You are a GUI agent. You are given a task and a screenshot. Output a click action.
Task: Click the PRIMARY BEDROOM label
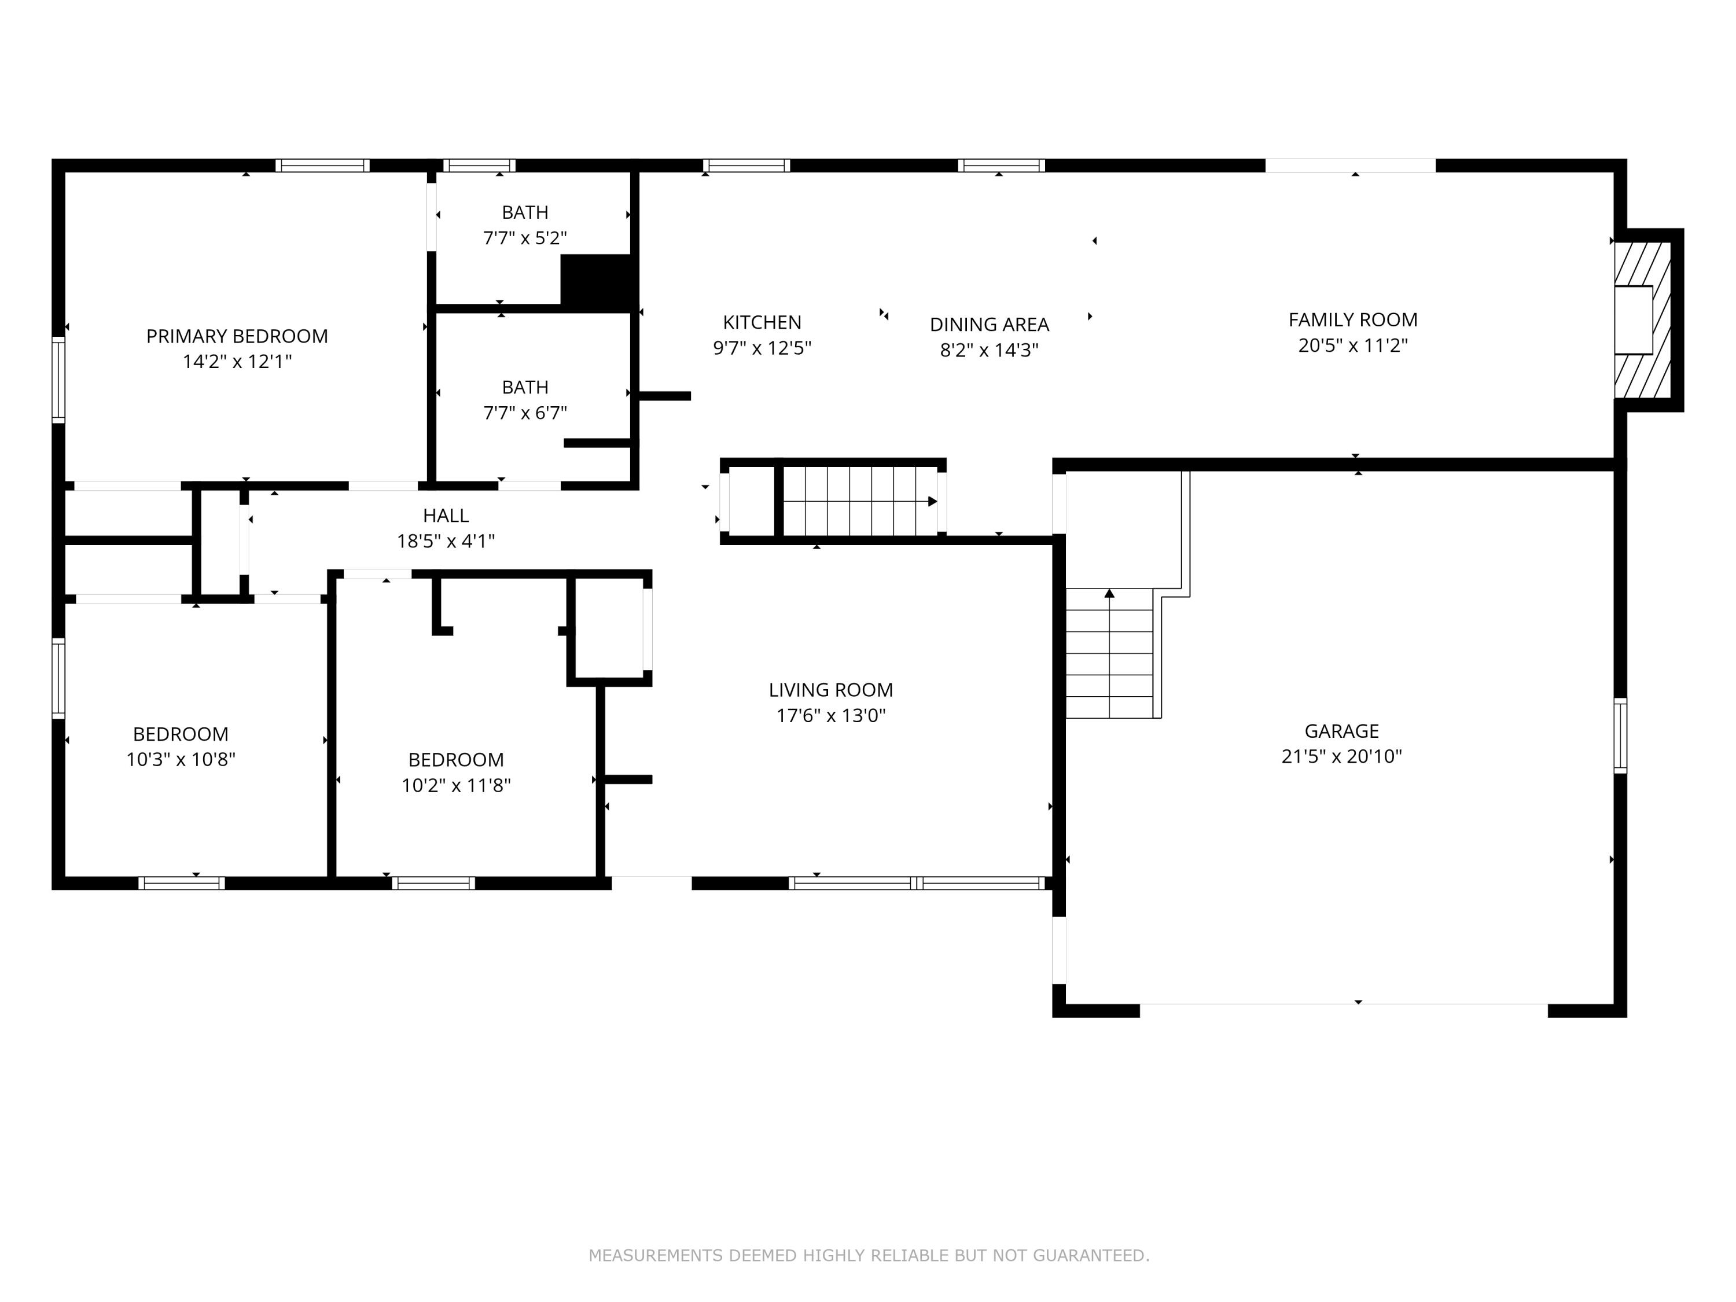click(237, 336)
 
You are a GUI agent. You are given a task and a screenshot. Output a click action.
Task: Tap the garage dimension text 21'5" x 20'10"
click(1341, 756)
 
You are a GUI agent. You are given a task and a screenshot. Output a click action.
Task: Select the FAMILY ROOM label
click(1353, 319)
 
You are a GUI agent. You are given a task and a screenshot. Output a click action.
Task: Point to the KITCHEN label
click(762, 322)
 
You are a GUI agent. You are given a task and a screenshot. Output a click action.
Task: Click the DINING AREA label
click(989, 324)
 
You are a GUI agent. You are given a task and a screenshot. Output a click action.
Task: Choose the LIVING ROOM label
click(830, 690)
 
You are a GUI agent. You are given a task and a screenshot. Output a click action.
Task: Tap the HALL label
click(446, 516)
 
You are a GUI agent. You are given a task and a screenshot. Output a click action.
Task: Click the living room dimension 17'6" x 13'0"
click(830, 715)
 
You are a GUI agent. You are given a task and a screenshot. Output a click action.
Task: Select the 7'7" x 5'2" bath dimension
click(525, 238)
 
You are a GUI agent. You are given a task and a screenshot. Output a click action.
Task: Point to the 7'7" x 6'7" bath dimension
click(525, 413)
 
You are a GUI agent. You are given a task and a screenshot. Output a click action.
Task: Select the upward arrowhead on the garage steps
click(1110, 593)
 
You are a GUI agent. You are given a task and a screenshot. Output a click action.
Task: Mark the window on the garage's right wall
click(1620, 735)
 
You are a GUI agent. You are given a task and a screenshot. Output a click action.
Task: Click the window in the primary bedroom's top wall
click(322, 165)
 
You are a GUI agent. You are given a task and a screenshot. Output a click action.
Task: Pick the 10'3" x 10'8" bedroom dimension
click(181, 759)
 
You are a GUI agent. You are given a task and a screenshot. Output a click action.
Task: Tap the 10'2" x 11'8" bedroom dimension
click(456, 785)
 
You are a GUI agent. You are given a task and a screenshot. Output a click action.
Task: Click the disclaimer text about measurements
click(869, 1256)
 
